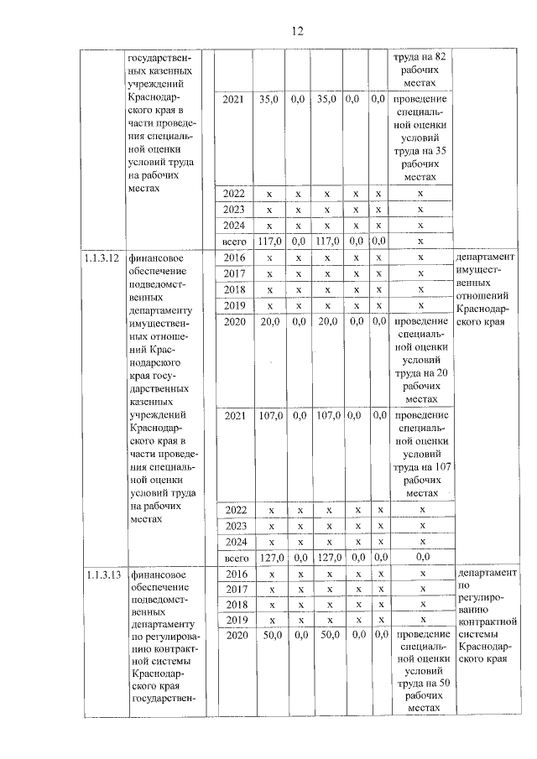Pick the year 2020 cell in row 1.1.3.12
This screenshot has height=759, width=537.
click(235, 321)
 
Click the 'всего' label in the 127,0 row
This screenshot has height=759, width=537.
click(235, 557)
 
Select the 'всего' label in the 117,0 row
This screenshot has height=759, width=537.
click(235, 242)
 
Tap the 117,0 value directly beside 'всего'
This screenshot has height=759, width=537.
click(270, 242)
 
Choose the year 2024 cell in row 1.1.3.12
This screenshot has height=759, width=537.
click(235, 541)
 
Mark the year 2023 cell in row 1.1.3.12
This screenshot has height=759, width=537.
click(235, 525)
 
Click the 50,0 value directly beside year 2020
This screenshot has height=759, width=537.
click(270, 636)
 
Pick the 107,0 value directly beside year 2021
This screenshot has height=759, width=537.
click(270, 414)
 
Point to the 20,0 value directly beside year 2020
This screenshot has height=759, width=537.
click(270, 321)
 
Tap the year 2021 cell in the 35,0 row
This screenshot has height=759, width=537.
click(235, 99)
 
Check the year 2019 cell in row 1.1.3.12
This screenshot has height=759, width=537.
click(235, 305)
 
